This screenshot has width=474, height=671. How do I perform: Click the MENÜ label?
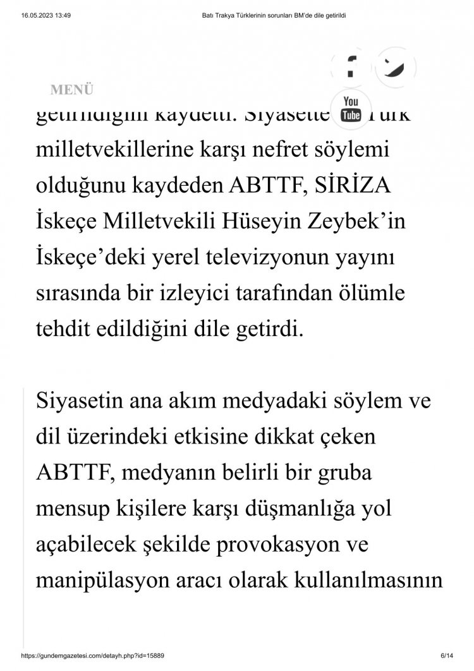click(x=72, y=90)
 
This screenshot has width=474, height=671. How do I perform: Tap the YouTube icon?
click(x=350, y=109)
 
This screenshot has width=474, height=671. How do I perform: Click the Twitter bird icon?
click(x=396, y=66)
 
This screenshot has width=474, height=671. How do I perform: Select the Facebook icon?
click(x=349, y=66)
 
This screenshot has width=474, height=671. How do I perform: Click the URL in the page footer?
click(x=94, y=657)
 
